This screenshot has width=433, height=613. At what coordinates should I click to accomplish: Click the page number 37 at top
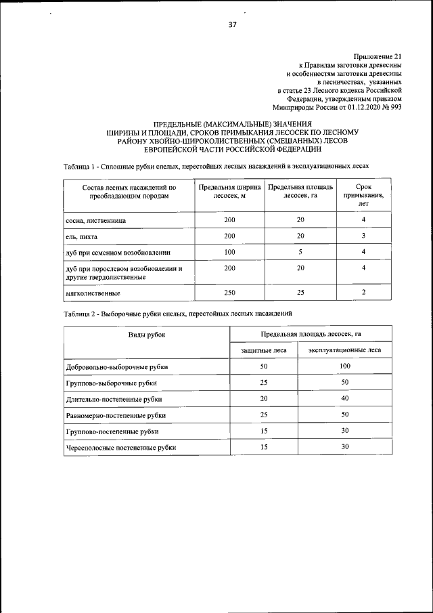231,26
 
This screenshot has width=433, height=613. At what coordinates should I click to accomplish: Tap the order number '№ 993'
392,106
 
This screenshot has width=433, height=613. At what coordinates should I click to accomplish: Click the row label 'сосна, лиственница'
95,221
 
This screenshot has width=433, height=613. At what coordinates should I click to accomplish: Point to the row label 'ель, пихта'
81,236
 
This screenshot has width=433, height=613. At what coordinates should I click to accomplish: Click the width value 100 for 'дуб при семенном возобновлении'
229,252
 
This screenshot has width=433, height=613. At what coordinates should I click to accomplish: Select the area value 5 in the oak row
299,252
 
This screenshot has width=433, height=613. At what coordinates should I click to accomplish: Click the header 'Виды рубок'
147,335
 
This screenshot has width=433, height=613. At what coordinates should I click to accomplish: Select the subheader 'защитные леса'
264,350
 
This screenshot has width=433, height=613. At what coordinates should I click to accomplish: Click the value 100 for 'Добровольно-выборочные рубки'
344,366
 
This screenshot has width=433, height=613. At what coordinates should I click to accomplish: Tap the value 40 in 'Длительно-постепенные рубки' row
344,398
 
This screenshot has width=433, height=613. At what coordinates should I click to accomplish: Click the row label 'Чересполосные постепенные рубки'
121,448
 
